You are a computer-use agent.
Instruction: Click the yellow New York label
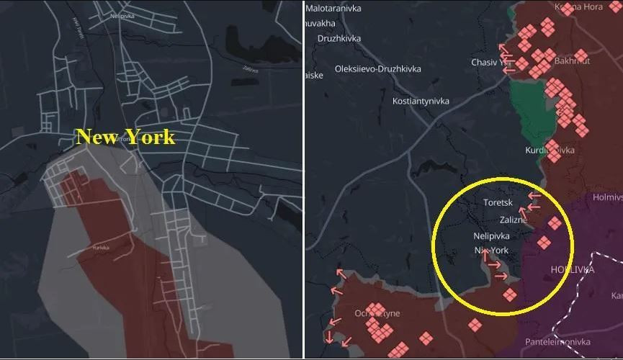tap(125, 137)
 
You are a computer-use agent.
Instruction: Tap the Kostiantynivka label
tap(421, 102)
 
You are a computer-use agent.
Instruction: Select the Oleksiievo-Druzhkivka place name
tap(378, 69)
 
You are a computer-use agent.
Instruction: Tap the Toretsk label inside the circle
tap(498, 203)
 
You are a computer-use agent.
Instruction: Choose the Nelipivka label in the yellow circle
tap(491, 236)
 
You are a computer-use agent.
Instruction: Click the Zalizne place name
tap(514, 220)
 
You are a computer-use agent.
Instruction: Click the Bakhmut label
tap(572, 61)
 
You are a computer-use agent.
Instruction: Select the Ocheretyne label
tap(377, 313)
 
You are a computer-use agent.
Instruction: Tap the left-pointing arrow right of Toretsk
tap(534, 195)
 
